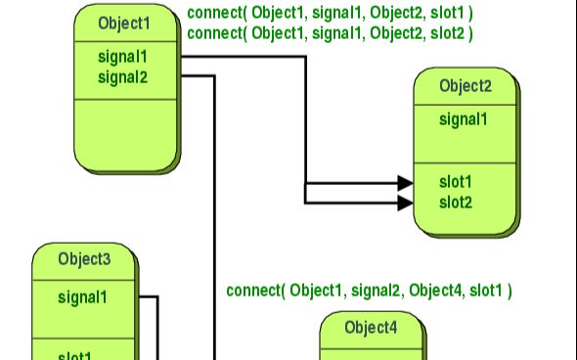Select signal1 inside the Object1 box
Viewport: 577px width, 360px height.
(122, 57)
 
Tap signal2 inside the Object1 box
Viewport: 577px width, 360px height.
(122, 76)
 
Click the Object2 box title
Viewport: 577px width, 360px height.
(466, 86)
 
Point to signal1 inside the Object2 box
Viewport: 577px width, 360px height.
(464, 120)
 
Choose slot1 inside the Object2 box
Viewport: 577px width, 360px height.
(456, 182)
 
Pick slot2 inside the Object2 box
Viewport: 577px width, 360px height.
(456, 202)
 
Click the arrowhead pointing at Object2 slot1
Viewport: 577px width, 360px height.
(404, 183)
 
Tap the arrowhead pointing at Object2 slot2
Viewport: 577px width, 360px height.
(404, 202)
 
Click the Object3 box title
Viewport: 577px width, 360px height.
(84, 259)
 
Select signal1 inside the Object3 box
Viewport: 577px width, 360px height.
(82, 295)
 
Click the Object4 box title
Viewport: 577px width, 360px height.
(372, 327)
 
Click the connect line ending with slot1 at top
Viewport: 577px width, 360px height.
(329, 16)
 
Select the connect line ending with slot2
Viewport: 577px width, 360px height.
(329, 33)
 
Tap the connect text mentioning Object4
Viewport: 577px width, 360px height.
(370, 291)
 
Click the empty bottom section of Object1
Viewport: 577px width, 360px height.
(126, 131)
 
